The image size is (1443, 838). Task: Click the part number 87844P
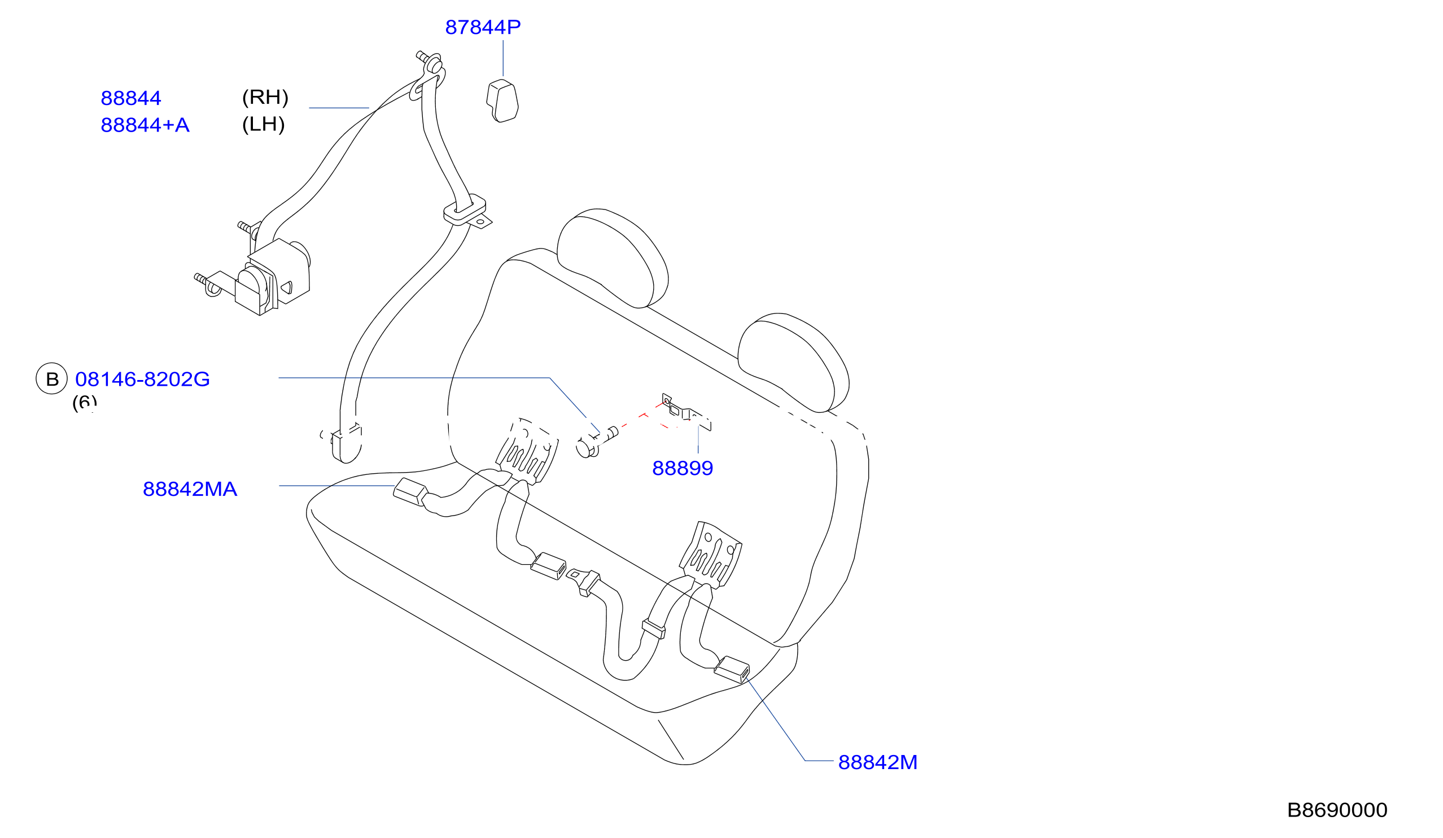(x=483, y=27)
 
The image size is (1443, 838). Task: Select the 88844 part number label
(x=130, y=98)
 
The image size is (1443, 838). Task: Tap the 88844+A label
(x=145, y=125)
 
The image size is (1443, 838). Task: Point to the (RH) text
(x=265, y=97)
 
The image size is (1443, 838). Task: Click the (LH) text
(x=264, y=124)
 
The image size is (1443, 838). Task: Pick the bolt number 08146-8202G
(x=143, y=379)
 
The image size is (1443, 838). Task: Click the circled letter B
(x=52, y=378)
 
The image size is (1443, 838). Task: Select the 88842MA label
(x=190, y=488)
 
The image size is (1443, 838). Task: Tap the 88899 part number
(x=683, y=468)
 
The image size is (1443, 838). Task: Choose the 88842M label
(x=877, y=762)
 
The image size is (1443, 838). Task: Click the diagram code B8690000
(x=1337, y=810)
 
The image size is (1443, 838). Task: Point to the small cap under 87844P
(x=502, y=101)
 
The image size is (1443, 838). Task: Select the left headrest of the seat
(x=611, y=259)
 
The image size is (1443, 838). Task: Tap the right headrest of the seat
(x=793, y=363)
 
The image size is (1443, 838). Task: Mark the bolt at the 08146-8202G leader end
(x=596, y=443)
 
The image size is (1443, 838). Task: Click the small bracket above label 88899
(x=686, y=411)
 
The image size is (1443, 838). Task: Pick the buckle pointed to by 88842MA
(x=410, y=492)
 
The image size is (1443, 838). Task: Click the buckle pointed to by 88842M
(x=731, y=669)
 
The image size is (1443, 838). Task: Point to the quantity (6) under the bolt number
(x=84, y=403)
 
